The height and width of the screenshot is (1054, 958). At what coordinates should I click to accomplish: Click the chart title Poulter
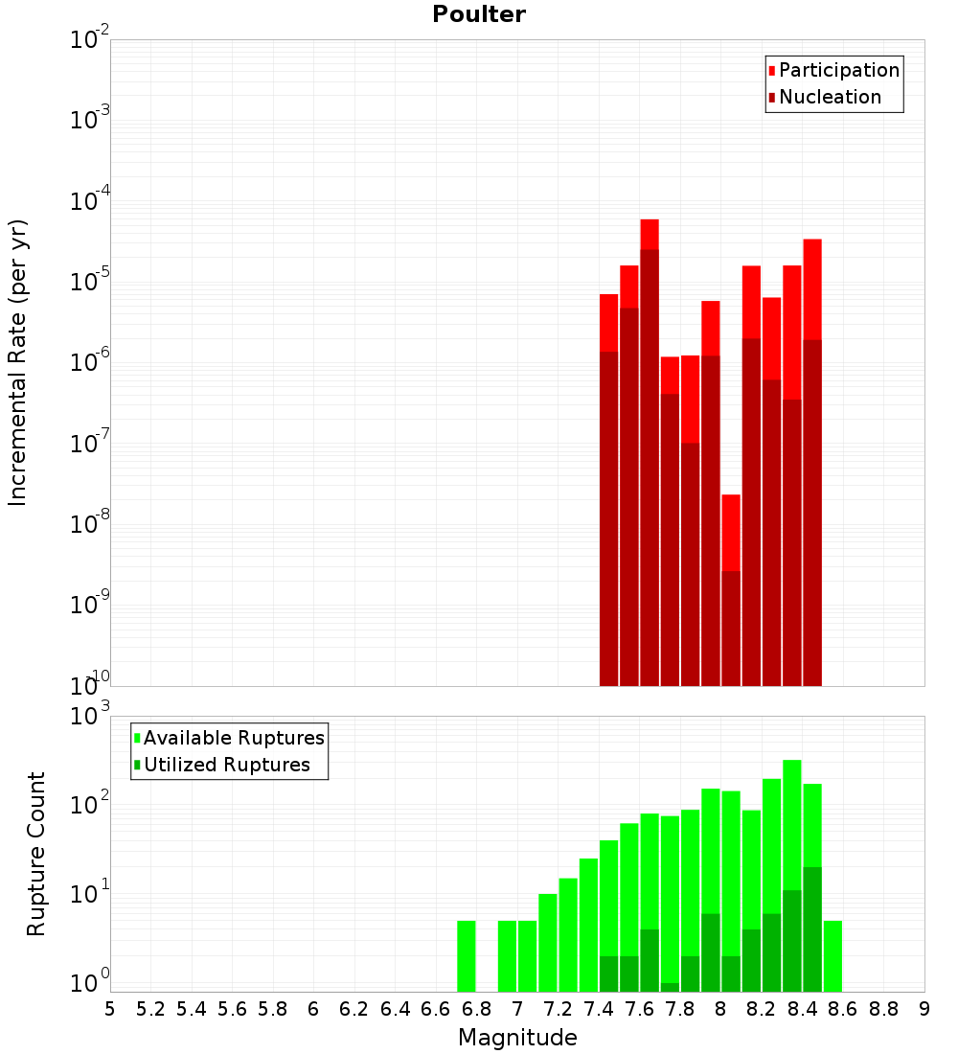click(x=478, y=14)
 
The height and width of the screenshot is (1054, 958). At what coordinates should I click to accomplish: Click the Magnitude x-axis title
click(x=517, y=1038)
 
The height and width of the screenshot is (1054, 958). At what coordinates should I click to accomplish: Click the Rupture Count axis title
click(x=36, y=853)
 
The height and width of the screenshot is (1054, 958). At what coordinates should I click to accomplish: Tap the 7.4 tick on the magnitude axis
click(x=599, y=1008)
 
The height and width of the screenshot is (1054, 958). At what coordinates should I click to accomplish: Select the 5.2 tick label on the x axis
click(x=150, y=1008)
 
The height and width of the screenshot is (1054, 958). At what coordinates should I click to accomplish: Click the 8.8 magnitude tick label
click(x=883, y=1008)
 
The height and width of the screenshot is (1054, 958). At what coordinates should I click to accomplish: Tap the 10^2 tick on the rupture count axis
click(x=91, y=804)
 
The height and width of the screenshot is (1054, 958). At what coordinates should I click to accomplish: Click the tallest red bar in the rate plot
click(x=650, y=234)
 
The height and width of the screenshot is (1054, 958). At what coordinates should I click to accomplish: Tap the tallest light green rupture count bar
click(x=792, y=824)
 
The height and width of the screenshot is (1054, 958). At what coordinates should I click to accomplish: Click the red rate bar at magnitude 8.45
click(x=812, y=287)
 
